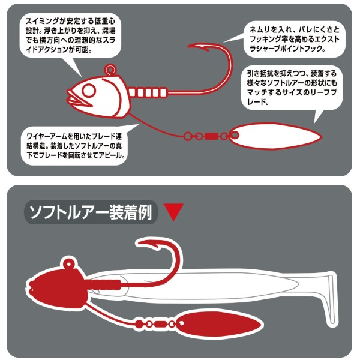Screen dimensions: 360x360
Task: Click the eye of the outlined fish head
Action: click(x=89, y=91)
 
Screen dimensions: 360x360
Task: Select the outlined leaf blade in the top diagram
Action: click(x=275, y=136)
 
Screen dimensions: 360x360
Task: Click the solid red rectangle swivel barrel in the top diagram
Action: click(x=211, y=137)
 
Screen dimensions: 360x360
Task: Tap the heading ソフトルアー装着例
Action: click(x=91, y=212)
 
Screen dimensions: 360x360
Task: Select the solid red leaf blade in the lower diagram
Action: click(x=219, y=324)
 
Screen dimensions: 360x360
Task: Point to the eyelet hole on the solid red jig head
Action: click(x=68, y=264)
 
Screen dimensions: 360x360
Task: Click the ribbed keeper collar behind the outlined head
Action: click(x=147, y=93)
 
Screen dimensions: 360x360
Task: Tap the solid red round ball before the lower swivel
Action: click(x=139, y=324)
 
